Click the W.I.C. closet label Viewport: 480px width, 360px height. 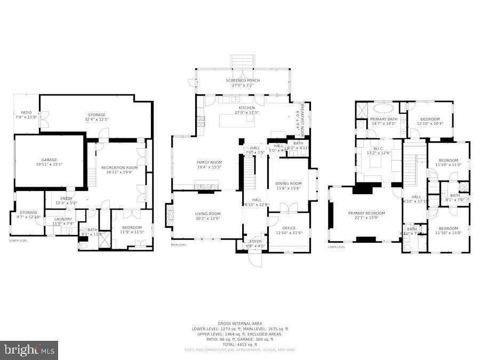pos(379,150)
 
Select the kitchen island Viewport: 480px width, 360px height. pos(237,121)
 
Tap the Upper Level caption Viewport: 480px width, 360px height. pos(337,247)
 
